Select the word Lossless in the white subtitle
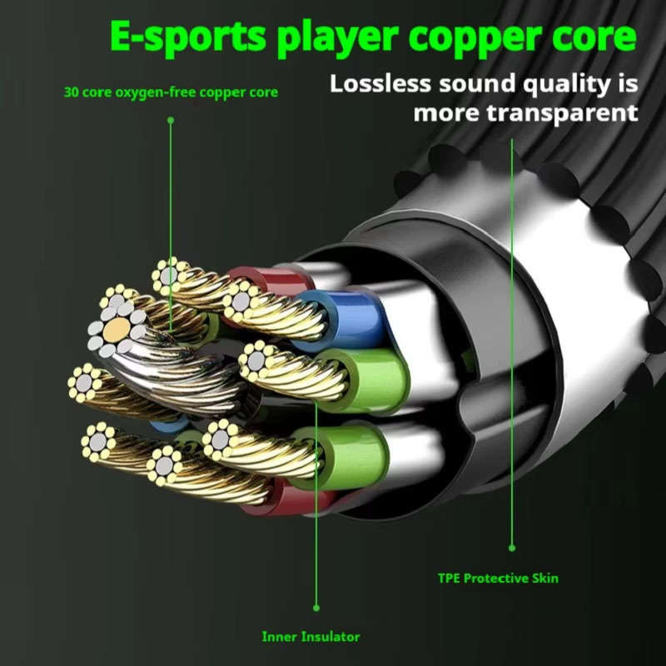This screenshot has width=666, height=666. pyautogui.click(x=380, y=83)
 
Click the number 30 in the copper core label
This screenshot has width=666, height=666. pyautogui.click(x=71, y=92)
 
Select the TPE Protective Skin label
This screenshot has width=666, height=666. pyautogui.click(x=498, y=578)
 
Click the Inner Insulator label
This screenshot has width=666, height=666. pyautogui.click(x=311, y=637)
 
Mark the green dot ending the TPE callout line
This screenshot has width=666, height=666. pyautogui.click(x=512, y=548)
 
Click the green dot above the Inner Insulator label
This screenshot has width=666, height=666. pyautogui.click(x=316, y=608)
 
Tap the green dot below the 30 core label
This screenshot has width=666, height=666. pyautogui.click(x=171, y=121)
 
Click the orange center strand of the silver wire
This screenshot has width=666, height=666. pyautogui.click(x=117, y=329)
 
